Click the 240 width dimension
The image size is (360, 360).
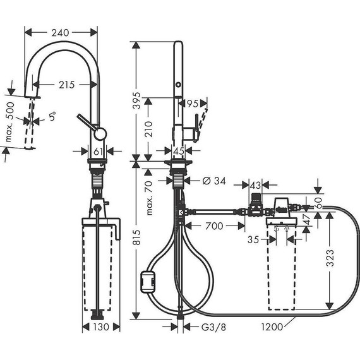coord(61,32)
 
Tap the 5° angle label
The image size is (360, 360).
coord(53,116)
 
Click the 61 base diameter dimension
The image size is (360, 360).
coord(97,151)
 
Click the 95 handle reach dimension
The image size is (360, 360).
coord(193,102)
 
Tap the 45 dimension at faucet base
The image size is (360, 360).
coord(179,151)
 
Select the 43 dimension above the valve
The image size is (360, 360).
coord(255,184)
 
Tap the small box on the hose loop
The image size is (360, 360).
coord(149,280)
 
